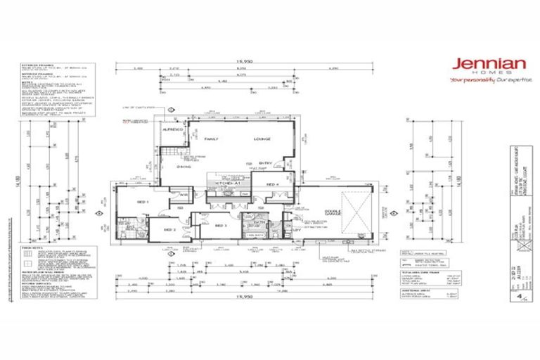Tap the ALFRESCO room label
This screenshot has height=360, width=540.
[x=172, y=131]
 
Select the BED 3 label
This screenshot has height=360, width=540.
[x=219, y=225]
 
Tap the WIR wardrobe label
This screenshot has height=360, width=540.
[x=182, y=195]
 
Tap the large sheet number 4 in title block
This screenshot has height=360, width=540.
[x=520, y=296]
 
